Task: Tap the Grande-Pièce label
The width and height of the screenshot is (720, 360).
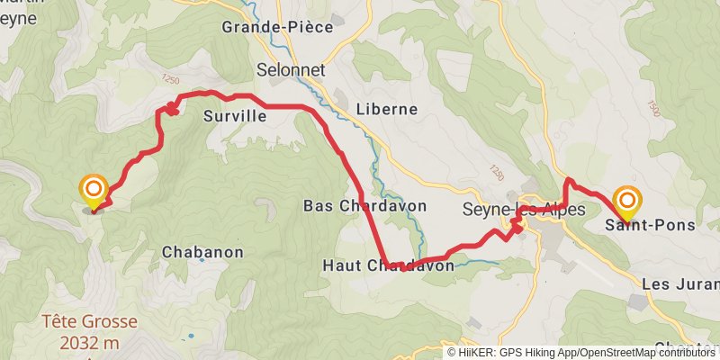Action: pos(278,28)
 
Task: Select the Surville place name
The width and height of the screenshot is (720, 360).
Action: pos(235,115)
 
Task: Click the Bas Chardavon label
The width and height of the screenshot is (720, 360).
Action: pos(351,205)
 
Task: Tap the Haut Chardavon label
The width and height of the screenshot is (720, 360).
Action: pos(388,265)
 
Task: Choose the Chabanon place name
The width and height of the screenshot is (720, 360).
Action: pos(202,252)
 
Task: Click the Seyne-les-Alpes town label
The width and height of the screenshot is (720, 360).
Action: pos(523,209)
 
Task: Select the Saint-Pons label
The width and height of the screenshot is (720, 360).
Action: pos(650,225)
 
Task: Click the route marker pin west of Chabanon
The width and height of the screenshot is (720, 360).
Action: pos(94,191)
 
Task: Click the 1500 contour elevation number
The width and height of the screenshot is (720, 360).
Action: pos(654,106)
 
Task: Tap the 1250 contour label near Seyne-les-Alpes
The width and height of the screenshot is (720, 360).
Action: pos(497,170)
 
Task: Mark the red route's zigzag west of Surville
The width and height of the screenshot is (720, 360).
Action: pos(167,110)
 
